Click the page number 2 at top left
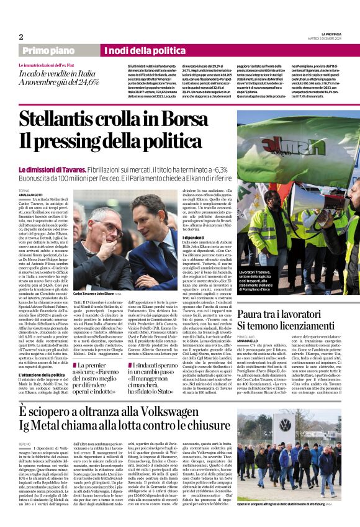[x=20, y=37]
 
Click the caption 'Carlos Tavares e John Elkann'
[x=94, y=293]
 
